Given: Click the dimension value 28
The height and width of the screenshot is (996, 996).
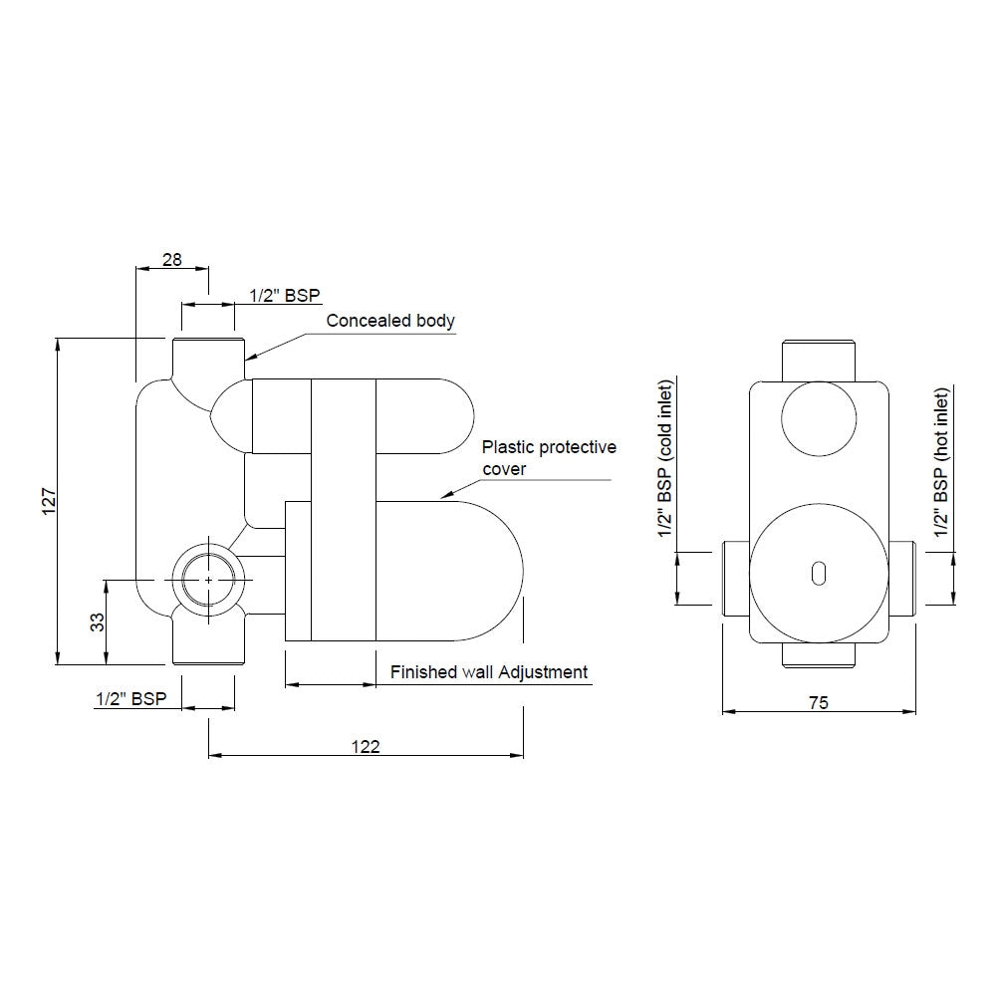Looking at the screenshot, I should [171, 259].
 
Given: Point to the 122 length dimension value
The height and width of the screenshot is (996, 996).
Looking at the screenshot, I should [366, 745].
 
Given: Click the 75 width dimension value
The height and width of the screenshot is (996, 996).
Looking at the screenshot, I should [818, 702].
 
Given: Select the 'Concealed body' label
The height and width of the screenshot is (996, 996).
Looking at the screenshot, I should [390, 321].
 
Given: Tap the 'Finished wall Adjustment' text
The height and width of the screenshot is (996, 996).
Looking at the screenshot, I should [488, 672].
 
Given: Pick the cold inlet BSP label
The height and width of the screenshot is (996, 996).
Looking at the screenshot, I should [666, 463].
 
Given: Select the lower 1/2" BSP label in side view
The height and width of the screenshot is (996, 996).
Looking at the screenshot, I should [129, 699].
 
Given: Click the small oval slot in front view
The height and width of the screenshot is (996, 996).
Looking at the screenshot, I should [819, 572].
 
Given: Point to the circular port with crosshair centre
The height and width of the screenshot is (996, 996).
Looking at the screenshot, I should [207, 579].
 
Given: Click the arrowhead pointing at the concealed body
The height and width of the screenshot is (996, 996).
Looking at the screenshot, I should [250, 356].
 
